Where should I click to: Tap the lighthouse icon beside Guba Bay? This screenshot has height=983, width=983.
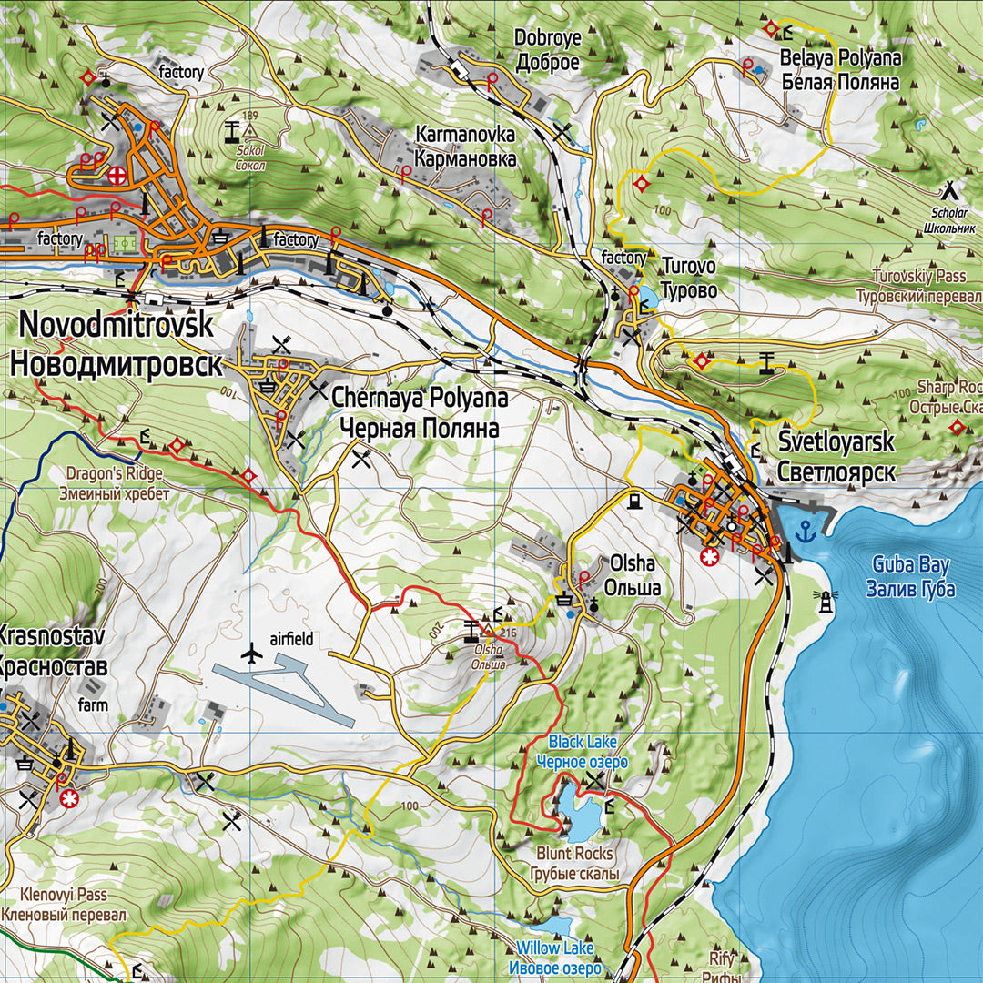pos(827,601)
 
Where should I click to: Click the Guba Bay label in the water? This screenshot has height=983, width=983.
pos(910,576)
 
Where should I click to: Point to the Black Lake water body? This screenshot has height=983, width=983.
pos(578,813)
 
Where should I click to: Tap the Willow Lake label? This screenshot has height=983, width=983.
pos(554,958)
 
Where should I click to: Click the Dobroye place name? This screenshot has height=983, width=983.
pos(547,50)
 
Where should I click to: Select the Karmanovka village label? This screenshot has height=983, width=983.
pos(464,147)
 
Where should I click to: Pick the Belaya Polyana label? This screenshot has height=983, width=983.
pos(840,70)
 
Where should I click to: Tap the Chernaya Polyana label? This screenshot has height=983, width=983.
pos(419,412)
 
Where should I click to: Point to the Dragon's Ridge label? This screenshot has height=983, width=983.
pos(114,483)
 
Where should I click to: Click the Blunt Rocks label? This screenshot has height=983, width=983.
pos(575,864)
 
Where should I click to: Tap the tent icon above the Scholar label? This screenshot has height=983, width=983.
pos(950,189)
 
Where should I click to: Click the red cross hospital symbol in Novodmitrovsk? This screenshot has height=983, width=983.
pos(117,176)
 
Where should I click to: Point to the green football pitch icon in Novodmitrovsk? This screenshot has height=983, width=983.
pos(123,245)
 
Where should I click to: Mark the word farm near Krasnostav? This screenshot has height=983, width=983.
pos(93,704)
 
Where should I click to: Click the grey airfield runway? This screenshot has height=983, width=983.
pos(282,692)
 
